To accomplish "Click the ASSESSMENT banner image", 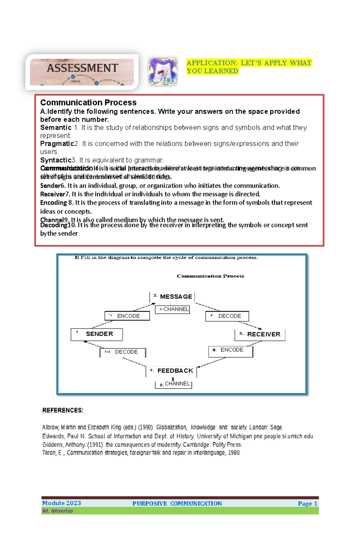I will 82,72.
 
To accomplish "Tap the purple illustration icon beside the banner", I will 163,71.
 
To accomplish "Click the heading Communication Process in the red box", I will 88,103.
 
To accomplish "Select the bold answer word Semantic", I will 55,128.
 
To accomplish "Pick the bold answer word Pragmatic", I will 57,144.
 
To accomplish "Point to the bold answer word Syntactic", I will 55,160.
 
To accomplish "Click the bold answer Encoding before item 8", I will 53,203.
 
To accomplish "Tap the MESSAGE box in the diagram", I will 172,297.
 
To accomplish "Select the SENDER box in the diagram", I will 97,334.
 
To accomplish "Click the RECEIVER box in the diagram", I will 260,334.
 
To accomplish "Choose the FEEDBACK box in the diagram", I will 172,371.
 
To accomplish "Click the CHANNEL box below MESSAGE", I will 172,309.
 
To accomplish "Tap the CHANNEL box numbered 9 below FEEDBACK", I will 173,384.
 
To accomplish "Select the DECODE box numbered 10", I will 123,352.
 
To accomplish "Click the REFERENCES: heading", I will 63,410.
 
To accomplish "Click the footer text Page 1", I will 307,504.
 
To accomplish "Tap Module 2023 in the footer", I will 61,503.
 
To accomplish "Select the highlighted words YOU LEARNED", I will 212,71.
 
